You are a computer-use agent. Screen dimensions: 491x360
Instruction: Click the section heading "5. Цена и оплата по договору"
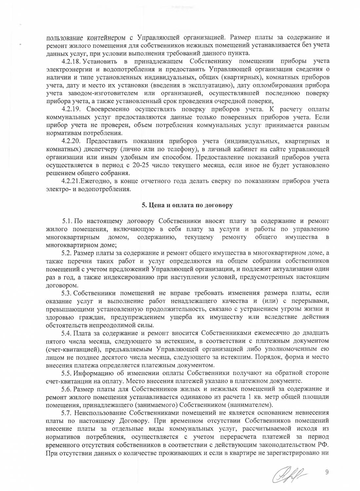(x=187, y=205)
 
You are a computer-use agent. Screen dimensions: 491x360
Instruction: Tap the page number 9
(x=326, y=471)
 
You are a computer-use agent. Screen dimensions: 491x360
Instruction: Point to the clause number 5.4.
(x=67, y=333)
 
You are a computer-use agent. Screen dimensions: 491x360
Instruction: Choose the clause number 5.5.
(x=67, y=373)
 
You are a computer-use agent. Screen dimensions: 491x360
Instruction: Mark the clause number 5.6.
(x=67, y=389)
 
